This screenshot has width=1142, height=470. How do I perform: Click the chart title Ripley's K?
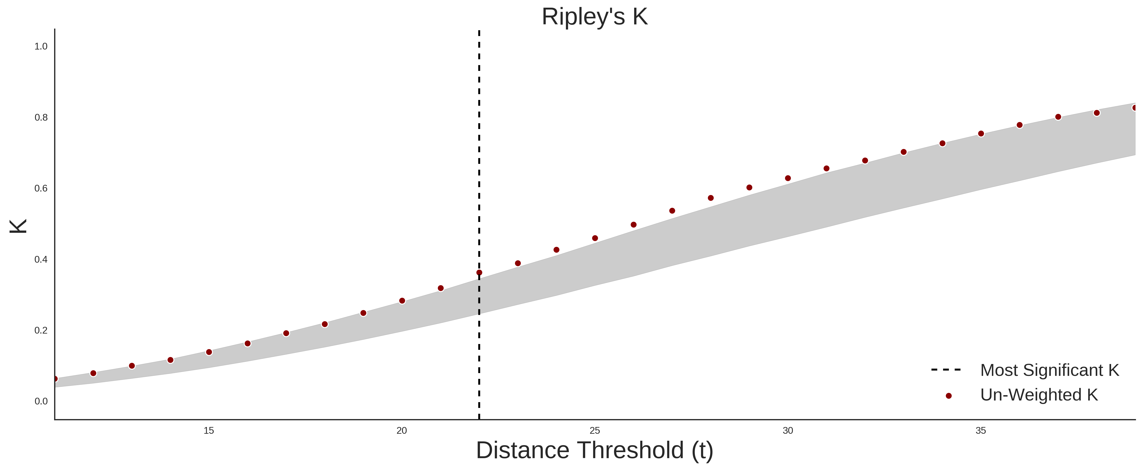click(x=594, y=17)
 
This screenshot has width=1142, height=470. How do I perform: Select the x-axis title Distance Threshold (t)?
click(x=594, y=450)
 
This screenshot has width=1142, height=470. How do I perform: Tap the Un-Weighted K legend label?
click(x=1039, y=395)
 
